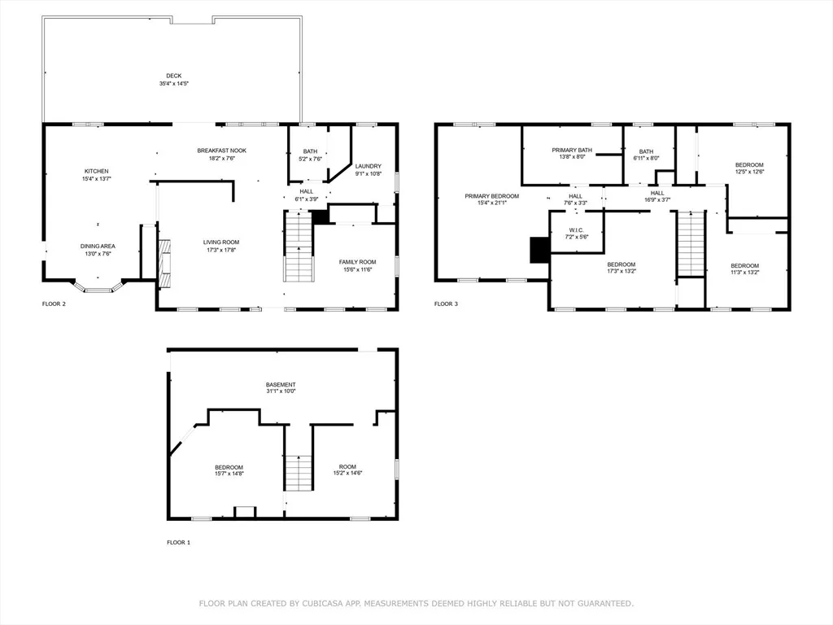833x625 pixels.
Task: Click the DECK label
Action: pyautogui.click(x=174, y=76)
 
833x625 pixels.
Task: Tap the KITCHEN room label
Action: pyautogui.click(x=97, y=171)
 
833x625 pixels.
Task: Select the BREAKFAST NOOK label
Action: pyautogui.click(x=221, y=151)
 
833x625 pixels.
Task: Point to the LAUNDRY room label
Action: pyautogui.click(x=369, y=166)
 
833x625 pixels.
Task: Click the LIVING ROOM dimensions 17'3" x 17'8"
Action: pyautogui.click(x=221, y=250)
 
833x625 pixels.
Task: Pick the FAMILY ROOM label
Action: pyautogui.click(x=358, y=262)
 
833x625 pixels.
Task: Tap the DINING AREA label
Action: pyautogui.click(x=98, y=247)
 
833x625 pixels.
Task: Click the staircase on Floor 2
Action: pyautogui.click(x=299, y=247)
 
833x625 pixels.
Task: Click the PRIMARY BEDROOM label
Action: pyautogui.click(x=492, y=196)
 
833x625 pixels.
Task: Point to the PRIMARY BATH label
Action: pyautogui.click(x=572, y=151)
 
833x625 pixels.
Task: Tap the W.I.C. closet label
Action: pyautogui.click(x=577, y=230)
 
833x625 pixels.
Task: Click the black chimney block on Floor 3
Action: pyautogui.click(x=539, y=250)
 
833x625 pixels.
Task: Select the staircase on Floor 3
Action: pyautogui.click(x=691, y=243)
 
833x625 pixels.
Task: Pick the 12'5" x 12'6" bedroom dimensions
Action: pyautogui.click(x=749, y=172)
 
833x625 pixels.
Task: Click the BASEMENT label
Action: pyautogui.click(x=281, y=385)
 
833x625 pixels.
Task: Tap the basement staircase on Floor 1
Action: pyautogui.click(x=299, y=473)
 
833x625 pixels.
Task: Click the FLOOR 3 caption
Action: pyautogui.click(x=446, y=304)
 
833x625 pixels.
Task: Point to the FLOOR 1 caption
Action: pyautogui.click(x=178, y=543)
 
